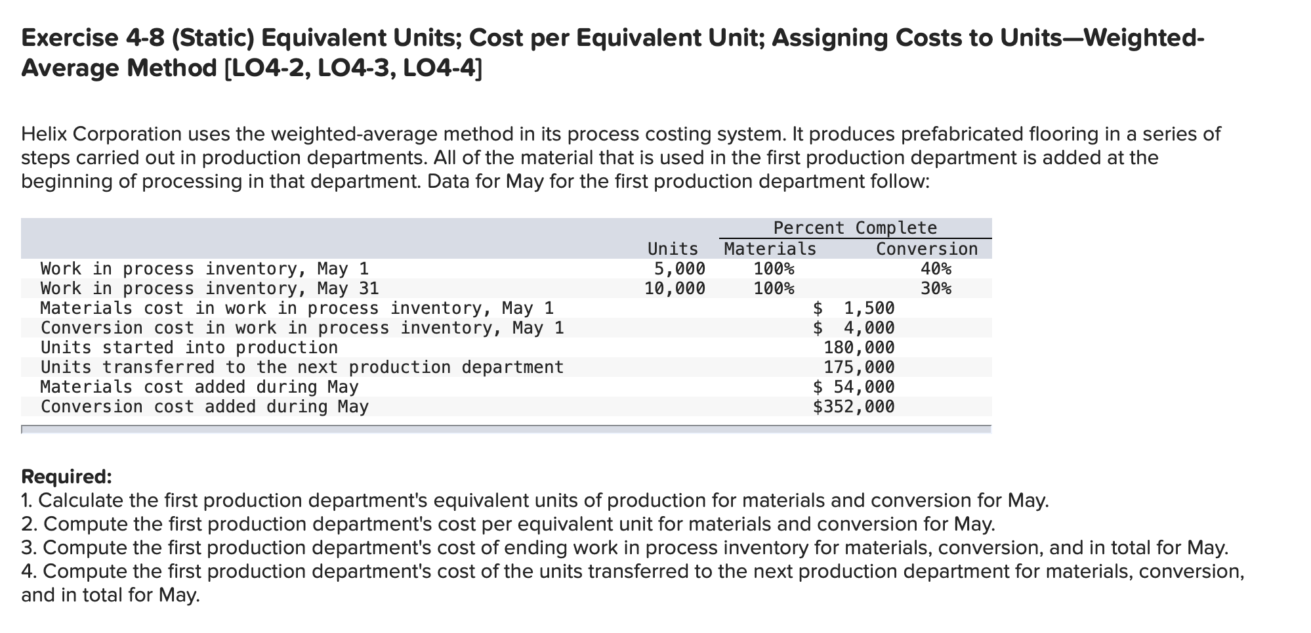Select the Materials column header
[x=770, y=249]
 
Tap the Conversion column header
[x=926, y=249]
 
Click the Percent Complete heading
[x=854, y=228]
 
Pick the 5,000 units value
[x=679, y=269]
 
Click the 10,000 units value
[x=675, y=288]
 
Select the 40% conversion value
[x=935, y=269]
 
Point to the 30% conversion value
[x=935, y=288]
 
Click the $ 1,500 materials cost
[x=853, y=308]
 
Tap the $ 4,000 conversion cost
[x=853, y=328]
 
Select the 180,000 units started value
[x=858, y=347]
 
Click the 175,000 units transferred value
[x=858, y=367]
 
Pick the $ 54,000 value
[x=853, y=387]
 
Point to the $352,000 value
[x=853, y=406]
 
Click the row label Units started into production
[x=189, y=347]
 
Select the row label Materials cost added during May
[x=199, y=387]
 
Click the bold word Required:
[x=66, y=476]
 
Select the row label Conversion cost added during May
[x=205, y=406]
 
